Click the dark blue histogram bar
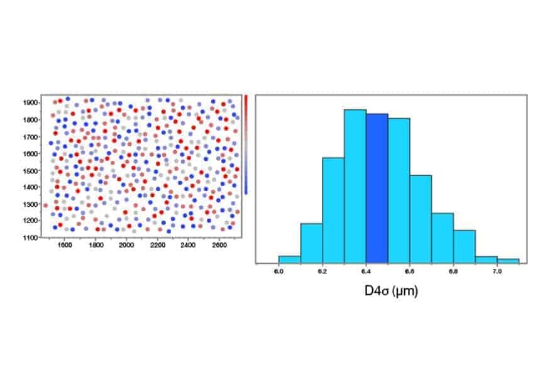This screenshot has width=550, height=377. (377, 188)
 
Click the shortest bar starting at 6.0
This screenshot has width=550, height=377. (289, 259)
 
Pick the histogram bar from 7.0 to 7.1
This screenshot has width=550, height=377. (508, 261)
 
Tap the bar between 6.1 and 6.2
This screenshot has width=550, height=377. (311, 243)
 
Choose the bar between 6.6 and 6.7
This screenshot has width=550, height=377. (421, 219)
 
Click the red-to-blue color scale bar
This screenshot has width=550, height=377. (246, 145)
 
